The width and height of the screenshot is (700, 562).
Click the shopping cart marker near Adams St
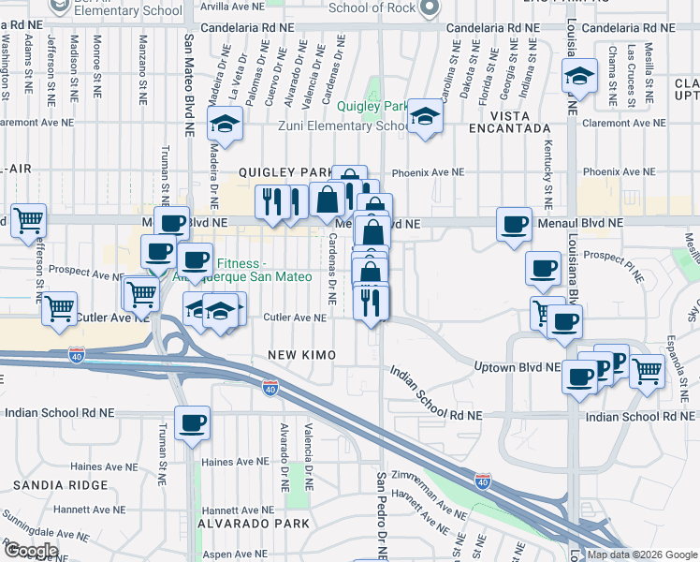[x=29, y=221]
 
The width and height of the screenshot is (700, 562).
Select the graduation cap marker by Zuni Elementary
[x=425, y=118]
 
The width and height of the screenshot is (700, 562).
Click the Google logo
[x=31, y=551]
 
